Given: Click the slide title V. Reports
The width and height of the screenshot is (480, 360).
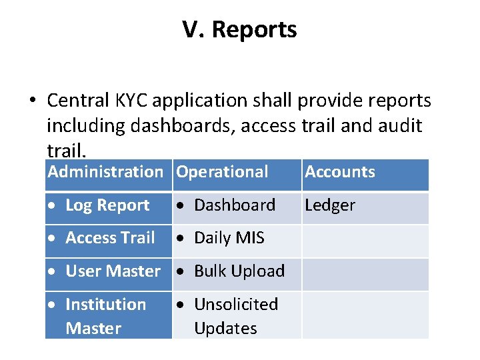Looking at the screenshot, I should pyautogui.click(x=239, y=30).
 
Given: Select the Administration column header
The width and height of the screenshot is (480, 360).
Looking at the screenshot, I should pyautogui.click(x=105, y=172).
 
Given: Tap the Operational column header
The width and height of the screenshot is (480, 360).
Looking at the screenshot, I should pyautogui.click(x=222, y=172).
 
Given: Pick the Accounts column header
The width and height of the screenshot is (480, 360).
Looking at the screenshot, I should pyautogui.click(x=340, y=172).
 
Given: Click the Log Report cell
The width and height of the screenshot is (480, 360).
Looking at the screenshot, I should pyautogui.click(x=107, y=205).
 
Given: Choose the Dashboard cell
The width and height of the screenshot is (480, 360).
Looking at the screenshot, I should pyautogui.click(x=234, y=205).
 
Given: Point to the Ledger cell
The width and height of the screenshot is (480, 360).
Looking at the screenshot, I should pyautogui.click(x=330, y=205).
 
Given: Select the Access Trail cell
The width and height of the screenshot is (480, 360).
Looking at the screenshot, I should pyautogui.click(x=110, y=238).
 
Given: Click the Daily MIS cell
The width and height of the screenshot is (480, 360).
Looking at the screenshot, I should pyautogui.click(x=229, y=238).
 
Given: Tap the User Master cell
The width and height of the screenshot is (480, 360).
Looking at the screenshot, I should pyautogui.click(x=113, y=271).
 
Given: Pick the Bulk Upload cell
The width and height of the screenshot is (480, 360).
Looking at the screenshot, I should pyautogui.click(x=239, y=271).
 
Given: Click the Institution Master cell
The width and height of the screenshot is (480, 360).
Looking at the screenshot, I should pyautogui.click(x=105, y=316).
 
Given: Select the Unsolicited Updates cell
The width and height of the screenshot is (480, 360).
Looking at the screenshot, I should pyautogui.click(x=235, y=316).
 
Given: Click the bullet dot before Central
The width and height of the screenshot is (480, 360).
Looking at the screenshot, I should pyautogui.click(x=31, y=101).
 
